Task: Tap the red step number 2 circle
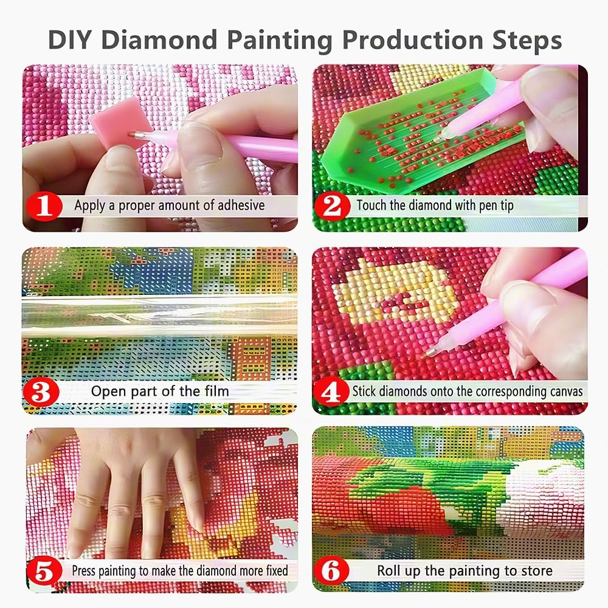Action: tap(332, 207)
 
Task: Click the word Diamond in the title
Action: tap(159, 40)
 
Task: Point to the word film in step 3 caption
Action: tap(215, 391)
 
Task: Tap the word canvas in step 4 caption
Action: tap(561, 391)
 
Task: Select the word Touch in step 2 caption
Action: tap(371, 206)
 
